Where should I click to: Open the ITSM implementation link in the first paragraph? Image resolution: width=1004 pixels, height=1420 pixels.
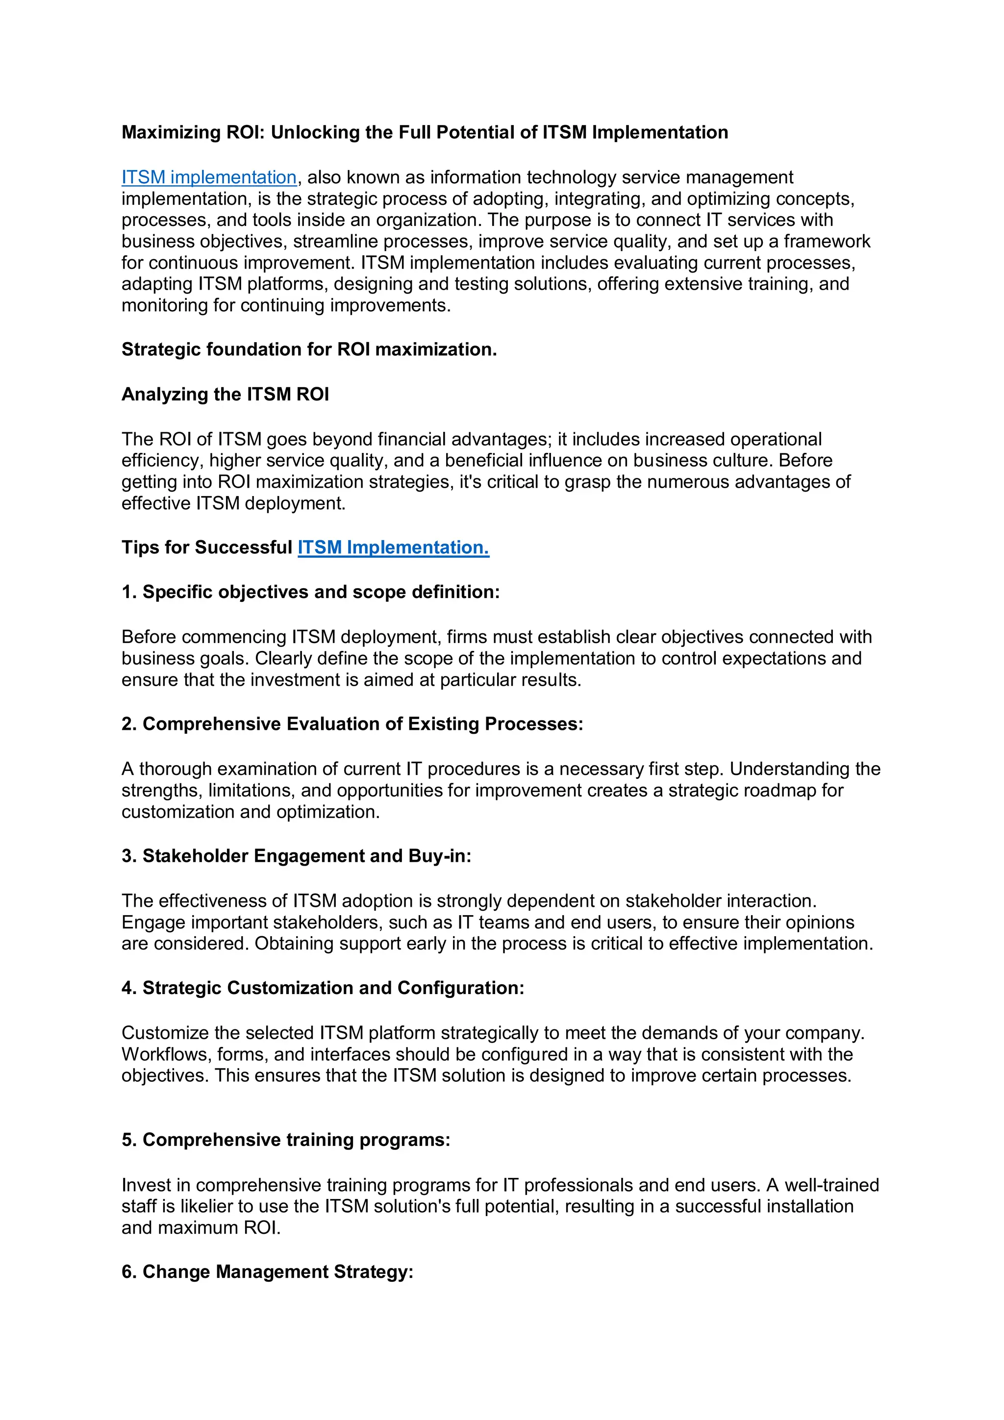209,177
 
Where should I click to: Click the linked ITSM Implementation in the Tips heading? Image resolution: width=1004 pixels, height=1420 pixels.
394,548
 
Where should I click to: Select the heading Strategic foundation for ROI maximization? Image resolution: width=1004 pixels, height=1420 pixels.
309,349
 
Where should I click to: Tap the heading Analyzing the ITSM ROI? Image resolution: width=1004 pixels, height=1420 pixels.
225,395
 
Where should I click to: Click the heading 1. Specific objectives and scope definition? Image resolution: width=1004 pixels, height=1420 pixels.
310,593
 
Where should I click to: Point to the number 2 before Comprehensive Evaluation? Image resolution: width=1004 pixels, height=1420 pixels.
127,724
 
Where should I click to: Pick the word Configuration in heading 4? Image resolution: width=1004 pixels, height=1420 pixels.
460,988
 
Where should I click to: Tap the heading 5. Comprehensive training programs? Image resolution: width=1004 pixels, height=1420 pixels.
286,1140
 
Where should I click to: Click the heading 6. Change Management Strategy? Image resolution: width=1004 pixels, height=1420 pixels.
267,1271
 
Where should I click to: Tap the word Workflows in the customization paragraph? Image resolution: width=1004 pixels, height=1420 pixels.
166,1054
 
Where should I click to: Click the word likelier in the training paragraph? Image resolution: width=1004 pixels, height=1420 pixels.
208,1207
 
